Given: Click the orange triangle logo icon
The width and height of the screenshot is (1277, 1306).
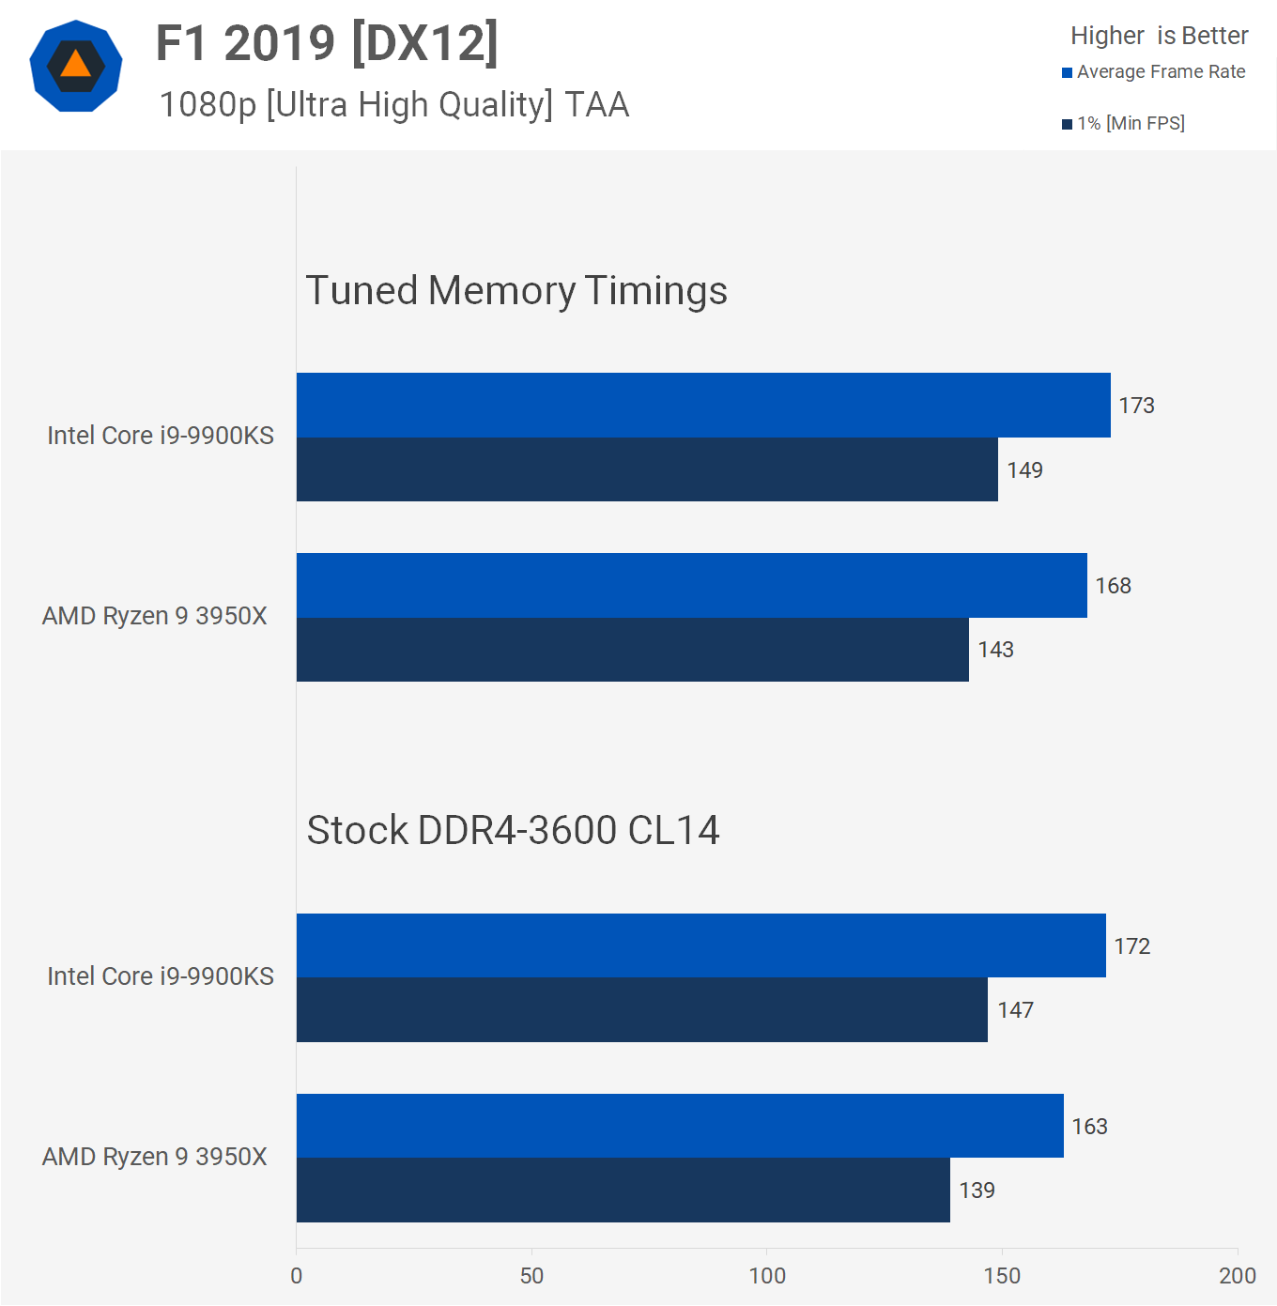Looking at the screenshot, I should point(76,66).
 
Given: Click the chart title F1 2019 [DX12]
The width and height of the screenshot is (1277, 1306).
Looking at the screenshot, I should point(327,43).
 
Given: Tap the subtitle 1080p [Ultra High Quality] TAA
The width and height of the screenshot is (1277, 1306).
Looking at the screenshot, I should point(393,104).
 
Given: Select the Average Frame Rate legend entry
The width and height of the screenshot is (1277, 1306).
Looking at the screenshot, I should point(1153,72).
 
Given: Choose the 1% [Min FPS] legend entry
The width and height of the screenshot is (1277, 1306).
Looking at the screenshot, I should point(1123,123).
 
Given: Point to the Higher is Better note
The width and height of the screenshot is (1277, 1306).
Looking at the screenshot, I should point(1159,36).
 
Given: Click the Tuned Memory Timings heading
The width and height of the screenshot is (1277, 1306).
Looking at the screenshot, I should point(516,290).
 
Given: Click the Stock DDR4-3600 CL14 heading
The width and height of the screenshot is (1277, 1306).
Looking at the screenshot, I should point(513,830).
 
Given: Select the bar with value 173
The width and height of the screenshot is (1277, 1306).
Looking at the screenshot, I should point(703,405).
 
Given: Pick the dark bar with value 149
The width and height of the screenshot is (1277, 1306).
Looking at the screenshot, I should point(647,469).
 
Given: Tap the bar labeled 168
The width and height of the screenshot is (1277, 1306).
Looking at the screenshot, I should point(691,585).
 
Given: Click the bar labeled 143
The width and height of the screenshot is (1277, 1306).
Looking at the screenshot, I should point(632,650).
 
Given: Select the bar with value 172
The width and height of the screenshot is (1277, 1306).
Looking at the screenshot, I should point(700,945).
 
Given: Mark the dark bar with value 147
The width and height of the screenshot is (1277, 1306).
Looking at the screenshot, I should point(641,1010).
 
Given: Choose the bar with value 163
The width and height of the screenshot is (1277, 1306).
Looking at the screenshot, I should point(680,1126).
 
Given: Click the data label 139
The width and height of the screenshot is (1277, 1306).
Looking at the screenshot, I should point(977,1191).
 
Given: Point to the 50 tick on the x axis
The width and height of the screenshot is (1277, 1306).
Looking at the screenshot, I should point(531,1275).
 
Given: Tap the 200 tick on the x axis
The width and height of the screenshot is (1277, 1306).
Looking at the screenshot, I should point(1237,1275).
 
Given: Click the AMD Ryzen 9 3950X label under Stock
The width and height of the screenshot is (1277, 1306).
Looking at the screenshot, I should point(155,1157).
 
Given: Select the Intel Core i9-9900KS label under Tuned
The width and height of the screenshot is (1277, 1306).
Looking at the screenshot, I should point(161,436).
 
